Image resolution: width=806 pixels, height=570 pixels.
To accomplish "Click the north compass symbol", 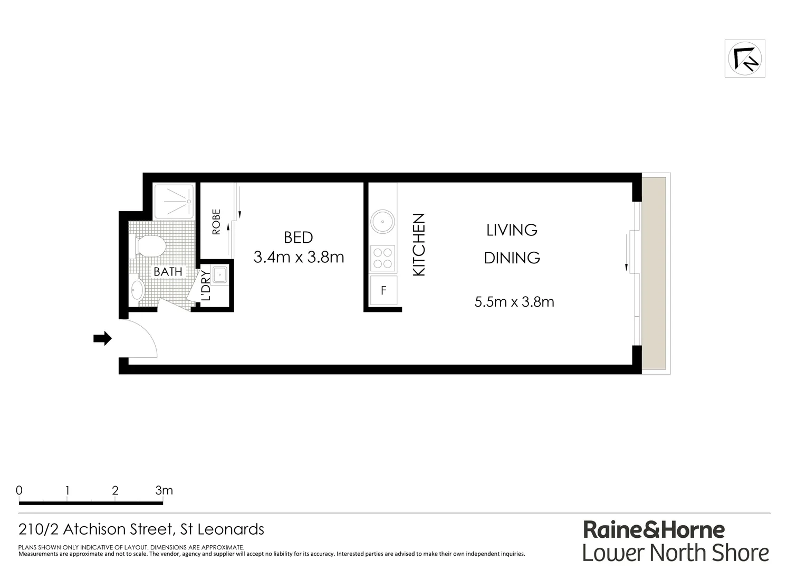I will coord(744,59).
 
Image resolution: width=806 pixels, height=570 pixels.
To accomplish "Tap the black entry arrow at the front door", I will coord(102,338).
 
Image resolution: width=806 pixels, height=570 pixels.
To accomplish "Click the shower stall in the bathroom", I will coord(174,201).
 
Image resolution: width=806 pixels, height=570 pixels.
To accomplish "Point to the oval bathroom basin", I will coord(137,290).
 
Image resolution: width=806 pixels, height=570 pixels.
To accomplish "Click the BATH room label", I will coord(168,272).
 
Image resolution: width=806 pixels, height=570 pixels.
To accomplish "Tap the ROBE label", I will coord(216,222).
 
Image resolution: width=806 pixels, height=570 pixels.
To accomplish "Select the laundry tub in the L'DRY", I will coord(220,275).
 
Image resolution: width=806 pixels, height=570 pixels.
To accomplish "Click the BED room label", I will coord(298,237).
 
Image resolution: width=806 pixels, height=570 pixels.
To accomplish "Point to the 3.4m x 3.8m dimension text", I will coord(299,258).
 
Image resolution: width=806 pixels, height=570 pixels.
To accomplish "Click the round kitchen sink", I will coord(382,222).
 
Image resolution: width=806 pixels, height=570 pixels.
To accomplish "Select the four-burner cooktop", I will coord(383,258).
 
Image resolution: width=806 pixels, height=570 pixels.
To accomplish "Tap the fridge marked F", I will coord(383,290).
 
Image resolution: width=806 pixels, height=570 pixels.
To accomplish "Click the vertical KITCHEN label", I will coord(418,244).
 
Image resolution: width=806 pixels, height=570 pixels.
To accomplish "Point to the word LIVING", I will coord(511,230).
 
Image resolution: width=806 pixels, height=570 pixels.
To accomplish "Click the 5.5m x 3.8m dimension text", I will coord(514,302).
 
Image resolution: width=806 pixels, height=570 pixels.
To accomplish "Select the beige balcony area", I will coord(654,273).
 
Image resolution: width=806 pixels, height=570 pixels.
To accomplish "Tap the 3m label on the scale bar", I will coord(164,490).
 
